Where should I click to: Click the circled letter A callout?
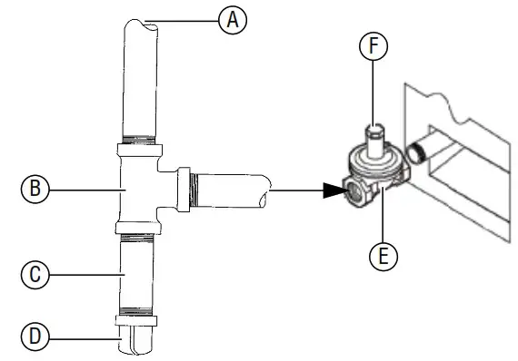point(234,20)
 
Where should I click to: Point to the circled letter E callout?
point(383,256)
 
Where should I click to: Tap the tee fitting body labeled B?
point(136,186)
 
